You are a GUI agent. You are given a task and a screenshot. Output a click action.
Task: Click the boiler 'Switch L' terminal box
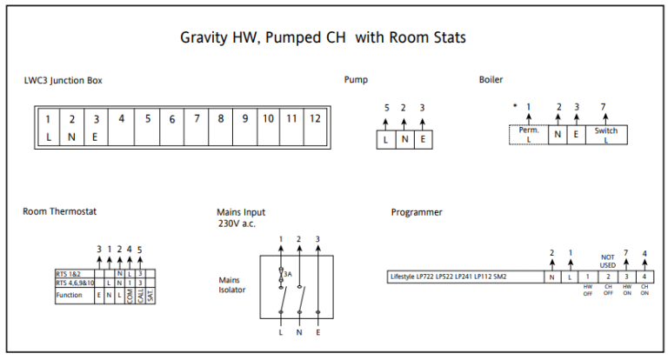[x=606, y=135]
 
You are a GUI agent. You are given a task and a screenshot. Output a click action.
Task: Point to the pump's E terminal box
[x=423, y=139]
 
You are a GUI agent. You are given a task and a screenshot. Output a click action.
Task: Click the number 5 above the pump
[x=386, y=108]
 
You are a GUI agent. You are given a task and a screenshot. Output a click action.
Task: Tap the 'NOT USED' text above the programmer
[x=608, y=261]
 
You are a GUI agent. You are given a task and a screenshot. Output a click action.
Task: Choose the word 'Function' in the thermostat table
[x=70, y=295]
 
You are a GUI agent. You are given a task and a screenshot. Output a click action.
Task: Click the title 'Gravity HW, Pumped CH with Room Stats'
[x=323, y=38]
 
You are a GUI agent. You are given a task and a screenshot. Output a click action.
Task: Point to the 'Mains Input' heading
[x=241, y=212]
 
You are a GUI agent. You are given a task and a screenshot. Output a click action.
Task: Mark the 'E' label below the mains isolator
[x=318, y=332]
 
